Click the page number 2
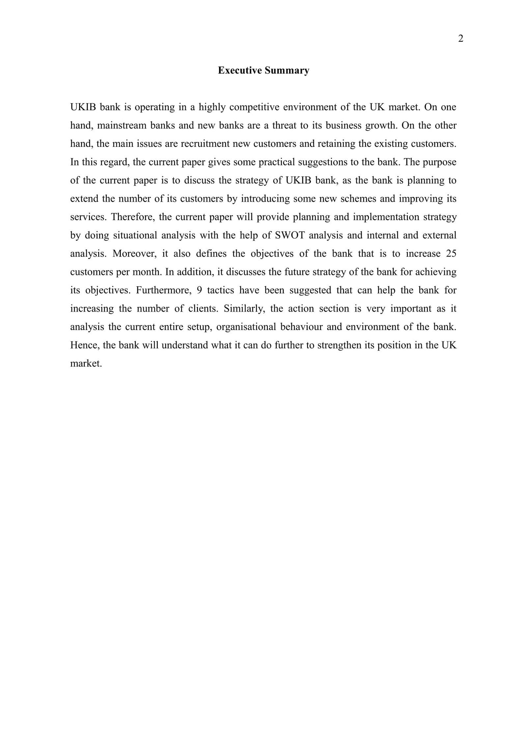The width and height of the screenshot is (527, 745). (x=460, y=39)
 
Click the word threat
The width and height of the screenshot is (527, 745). (x=284, y=126)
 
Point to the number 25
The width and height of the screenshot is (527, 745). (x=451, y=254)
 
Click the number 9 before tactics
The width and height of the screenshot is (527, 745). (x=199, y=291)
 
